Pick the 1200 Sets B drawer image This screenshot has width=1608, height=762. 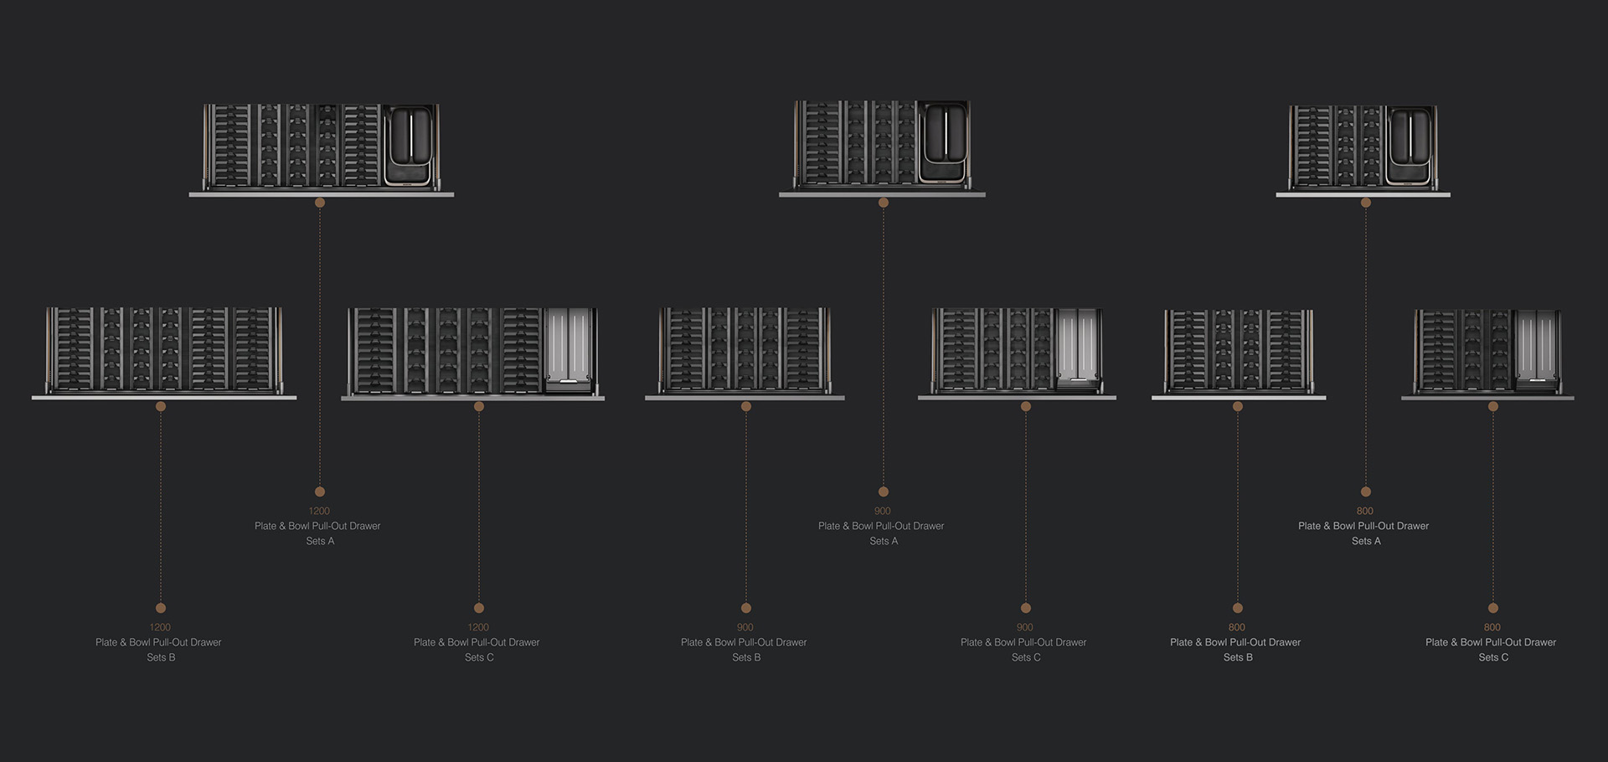point(164,351)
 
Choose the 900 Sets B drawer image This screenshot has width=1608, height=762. point(745,351)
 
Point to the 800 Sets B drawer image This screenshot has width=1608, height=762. point(1238,353)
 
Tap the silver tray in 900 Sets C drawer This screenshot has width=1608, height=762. point(1078,349)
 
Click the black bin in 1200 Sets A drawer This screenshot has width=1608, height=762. point(410,144)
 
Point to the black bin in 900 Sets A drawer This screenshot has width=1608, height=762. point(944,142)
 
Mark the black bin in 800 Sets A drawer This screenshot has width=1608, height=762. point(1411,145)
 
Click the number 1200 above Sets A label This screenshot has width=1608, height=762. point(319,511)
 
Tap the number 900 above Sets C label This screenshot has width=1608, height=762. point(1025,627)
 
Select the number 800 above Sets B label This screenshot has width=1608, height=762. point(1237,627)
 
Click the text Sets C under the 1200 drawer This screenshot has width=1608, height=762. point(479,657)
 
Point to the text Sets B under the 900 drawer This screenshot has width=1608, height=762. point(746,657)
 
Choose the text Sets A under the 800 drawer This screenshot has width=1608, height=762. point(1366,541)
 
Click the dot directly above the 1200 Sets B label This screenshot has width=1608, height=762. point(161,608)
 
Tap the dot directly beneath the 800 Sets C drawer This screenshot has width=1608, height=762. point(1493,407)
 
